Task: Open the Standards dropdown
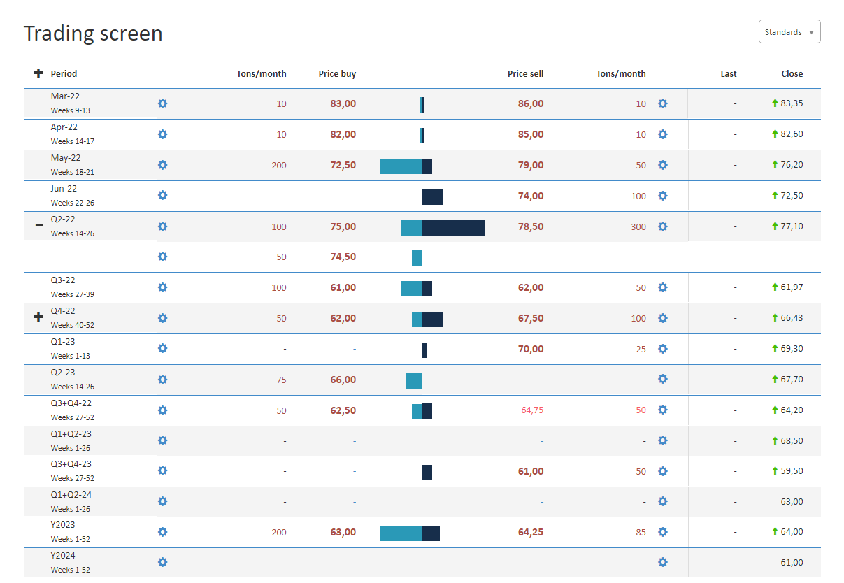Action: coord(789,32)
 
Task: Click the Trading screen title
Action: coord(93,34)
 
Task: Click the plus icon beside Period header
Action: coord(38,73)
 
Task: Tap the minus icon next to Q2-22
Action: coord(38,226)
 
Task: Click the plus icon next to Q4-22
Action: coord(38,317)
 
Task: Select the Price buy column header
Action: coord(337,73)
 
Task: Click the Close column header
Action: coord(792,73)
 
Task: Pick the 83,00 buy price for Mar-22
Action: coord(343,103)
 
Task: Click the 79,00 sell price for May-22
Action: coord(530,165)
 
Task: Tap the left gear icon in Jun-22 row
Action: coord(163,196)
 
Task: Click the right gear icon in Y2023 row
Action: coord(663,532)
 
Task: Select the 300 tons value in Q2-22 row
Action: coord(638,226)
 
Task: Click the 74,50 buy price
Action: coord(343,257)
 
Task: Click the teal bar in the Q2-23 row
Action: coord(414,380)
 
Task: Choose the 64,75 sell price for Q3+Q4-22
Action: coord(531,410)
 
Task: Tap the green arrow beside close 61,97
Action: coord(775,287)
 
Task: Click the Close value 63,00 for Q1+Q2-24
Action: coord(792,501)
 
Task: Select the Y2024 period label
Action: coord(63,556)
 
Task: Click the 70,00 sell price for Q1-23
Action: coord(530,349)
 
